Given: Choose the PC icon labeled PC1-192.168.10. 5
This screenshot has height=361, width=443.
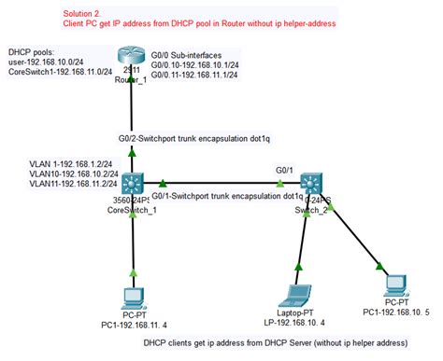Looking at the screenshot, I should (x=396, y=284).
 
